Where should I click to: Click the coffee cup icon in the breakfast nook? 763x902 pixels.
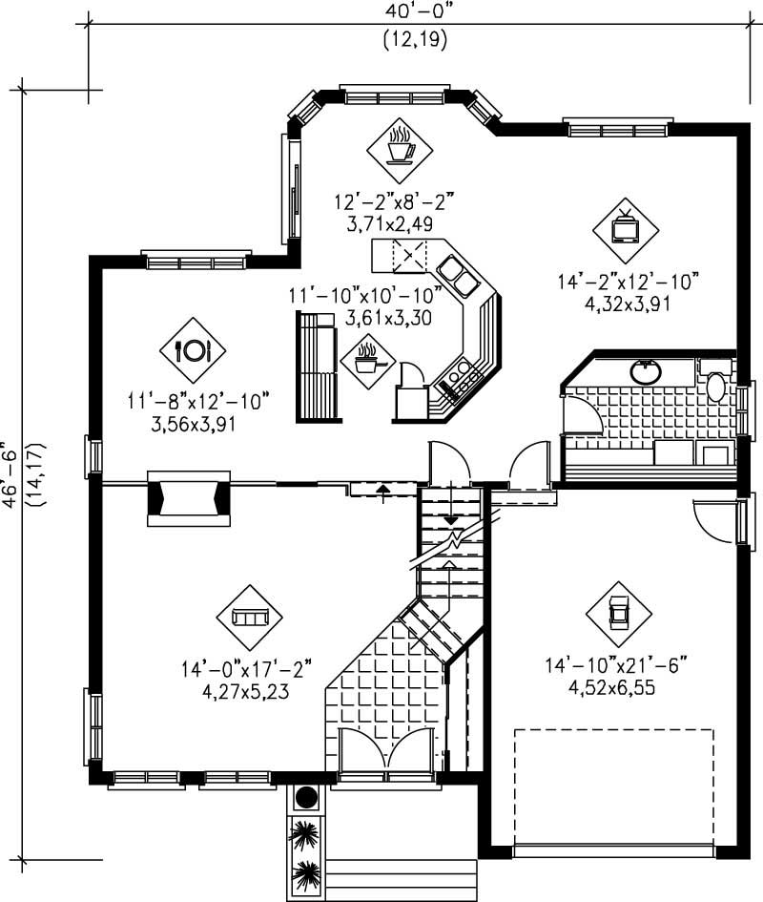tap(400, 150)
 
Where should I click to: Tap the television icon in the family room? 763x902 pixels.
tap(625, 229)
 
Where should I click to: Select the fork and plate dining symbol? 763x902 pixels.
tap(193, 350)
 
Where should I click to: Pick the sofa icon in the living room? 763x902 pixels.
tap(250, 618)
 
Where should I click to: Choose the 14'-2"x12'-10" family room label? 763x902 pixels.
tap(629, 282)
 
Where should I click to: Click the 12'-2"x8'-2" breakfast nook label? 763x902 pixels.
tap(394, 201)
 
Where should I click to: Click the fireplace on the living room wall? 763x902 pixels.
tap(188, 498)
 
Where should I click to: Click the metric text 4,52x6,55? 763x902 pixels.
tap(618, 686)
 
